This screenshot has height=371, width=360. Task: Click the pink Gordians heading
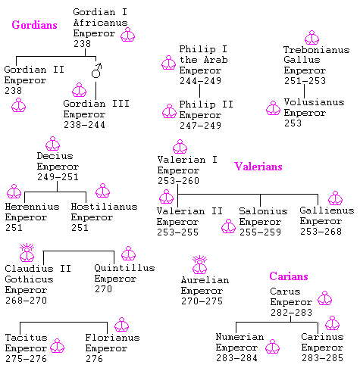click(x=34, y=25)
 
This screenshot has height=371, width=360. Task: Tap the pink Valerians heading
click(x=258, y=167)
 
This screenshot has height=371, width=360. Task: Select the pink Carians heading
click(x=289, y=276)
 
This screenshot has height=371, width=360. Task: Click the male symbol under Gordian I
click(x=96, y=70)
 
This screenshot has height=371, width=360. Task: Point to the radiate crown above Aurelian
click(x=200, y=265)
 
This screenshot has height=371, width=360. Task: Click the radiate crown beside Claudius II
click(x=27, y=253)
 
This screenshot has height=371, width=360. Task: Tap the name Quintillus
click(x=124, y=268)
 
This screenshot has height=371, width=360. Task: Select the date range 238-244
click(x=84, y=125)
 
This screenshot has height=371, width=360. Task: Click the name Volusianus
click(x=314, y=102)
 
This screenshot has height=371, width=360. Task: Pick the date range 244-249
click(x=201, y=81)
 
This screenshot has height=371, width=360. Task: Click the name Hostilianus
click(x=104, y=207)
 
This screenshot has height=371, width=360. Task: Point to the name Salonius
click(x=263, y=210)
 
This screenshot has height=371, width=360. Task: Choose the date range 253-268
click(x=321, y=231)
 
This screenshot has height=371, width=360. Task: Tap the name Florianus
click(x=112, y=338)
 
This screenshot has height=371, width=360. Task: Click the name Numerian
click(x=239, y=337)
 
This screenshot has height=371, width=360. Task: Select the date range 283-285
click(x=322, y=358)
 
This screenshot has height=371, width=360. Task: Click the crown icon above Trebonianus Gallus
click(x=312, y=38)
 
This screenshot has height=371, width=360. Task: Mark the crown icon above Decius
click(x=53, y=144)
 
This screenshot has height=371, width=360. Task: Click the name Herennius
click(x=32, y=207)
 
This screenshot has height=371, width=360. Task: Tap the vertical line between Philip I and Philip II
click(x=199, y=91)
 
